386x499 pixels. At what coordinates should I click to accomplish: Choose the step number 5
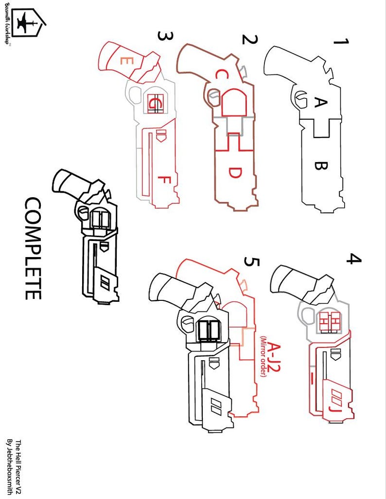pyautogui.click(x=252, y=263)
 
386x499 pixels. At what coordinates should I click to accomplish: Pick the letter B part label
pyautogui.click(x=320, y=166)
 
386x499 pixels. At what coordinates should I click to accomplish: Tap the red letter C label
pyautogui.click(x=221, y=75)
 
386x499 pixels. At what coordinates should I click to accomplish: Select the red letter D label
pyautogui.click(x=234, y=173)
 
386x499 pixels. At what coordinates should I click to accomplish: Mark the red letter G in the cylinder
pyautogui.click(x=155, y=103)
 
